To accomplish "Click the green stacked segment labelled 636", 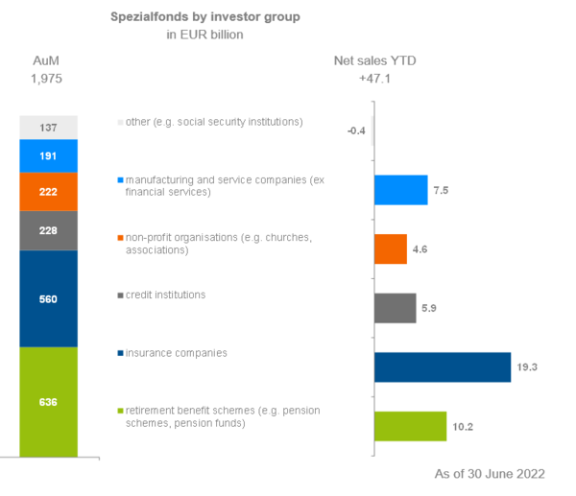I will (48, 401).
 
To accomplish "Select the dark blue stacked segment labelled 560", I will (48, 298).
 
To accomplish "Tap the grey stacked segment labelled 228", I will (48, 230).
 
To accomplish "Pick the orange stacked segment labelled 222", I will (48, 192).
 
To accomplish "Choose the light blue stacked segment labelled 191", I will (48, 155).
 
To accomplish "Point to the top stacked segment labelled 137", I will (48, 128).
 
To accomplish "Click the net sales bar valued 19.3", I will (442, 367).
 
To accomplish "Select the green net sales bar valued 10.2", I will (410, 426).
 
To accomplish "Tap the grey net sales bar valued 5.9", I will (395, 308).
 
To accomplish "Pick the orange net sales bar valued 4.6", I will (390, 249).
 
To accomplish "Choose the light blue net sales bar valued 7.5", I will (400, 190).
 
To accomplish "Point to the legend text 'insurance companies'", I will (173, 353).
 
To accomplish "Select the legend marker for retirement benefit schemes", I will (118, 412).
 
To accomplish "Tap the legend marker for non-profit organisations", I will (118, 237).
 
